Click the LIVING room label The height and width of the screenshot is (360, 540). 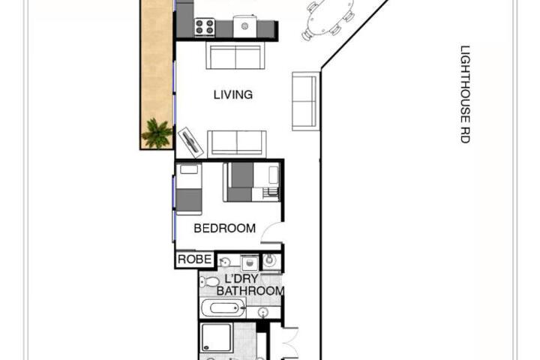(233, 94)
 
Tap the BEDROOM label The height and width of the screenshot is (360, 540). (224, 228)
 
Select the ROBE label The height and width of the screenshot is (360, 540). (194, 259)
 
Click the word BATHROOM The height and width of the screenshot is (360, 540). (250, 291)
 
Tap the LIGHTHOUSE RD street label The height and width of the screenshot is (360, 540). (465, 94)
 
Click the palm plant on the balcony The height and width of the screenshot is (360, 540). (157, 133)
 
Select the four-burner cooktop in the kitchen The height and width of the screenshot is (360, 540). (205, 27)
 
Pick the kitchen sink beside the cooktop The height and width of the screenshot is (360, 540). (244, 26)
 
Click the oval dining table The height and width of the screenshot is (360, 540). (329, 16)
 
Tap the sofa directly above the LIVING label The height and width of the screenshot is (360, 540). (235, 55)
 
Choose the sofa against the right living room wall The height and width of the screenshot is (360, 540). (306, 101)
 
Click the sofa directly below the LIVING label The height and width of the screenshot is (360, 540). (237, 144)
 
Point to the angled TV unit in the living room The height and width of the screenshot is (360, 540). (190, 142)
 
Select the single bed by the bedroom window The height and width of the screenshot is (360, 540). (189, 189)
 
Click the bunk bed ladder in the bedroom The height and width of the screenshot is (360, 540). (270, 193)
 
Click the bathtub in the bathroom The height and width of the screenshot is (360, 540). (223, 307)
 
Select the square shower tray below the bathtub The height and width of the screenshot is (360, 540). (216, 337)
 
